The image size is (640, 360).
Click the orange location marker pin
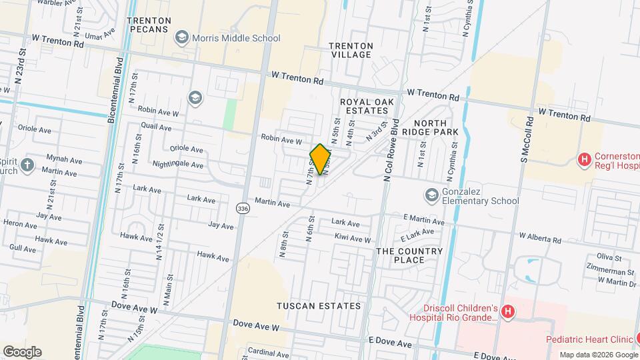[x=320, y=159]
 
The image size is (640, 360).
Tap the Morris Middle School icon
[x=181, y=38]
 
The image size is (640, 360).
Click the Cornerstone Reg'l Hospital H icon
[x=585, y=159]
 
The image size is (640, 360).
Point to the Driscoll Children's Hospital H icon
[x=508, y=311]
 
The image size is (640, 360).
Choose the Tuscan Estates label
[x=319, y=306]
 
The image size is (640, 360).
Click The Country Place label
[x=409, y=256]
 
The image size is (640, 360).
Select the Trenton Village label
[x=351, y=50]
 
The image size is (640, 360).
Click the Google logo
[x=22, y=351]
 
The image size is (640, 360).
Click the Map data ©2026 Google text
[x=597, y=355]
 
